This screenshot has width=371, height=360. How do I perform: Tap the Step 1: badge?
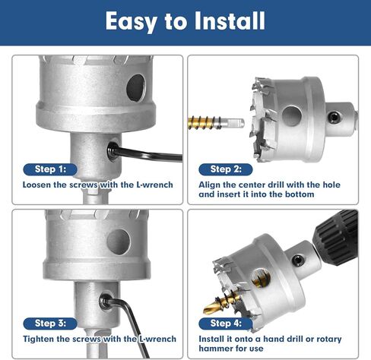click(50, 169)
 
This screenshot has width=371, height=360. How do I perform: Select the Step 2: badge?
click(226, 169)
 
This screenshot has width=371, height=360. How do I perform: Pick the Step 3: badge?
click(50, 322)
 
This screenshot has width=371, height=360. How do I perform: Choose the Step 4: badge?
click(226, 322)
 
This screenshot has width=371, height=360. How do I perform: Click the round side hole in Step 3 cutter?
click(118, 241)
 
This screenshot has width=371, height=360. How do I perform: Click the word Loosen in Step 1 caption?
click(39, 185)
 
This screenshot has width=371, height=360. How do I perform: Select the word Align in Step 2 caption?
click(211, 185)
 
